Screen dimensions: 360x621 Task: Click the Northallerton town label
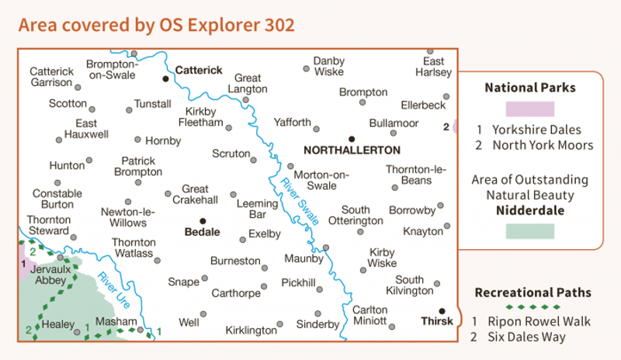point(353,151)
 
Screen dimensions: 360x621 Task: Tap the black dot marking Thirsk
point(442,310)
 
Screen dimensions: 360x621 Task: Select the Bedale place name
point(202,232)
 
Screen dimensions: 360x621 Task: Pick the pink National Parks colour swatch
point(529,109)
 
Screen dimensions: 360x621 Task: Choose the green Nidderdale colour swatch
point(529,231)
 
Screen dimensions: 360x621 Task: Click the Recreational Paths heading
point(532,292)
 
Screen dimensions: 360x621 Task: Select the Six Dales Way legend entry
point(521,337)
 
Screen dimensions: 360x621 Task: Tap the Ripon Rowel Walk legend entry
point(532,321)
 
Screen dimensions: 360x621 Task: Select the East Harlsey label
point(433,67)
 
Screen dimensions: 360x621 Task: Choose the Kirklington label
point(251,331)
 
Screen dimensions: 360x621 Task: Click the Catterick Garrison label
point(52,77)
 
